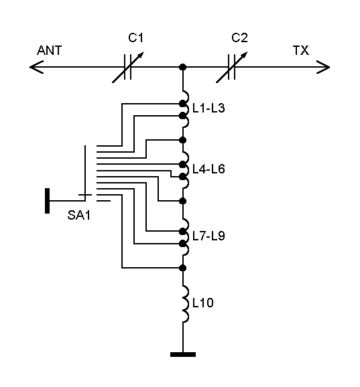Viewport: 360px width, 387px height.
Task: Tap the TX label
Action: [300, 51]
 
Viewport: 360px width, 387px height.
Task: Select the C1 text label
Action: [136, 39]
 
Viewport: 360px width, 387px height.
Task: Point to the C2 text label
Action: [239, 39]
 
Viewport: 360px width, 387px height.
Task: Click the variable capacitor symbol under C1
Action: [127, 67]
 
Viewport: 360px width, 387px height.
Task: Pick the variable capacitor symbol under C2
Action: [231, 67]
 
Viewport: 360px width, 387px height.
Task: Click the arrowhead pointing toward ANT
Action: [35, 67]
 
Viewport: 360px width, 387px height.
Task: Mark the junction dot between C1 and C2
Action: [182, 67]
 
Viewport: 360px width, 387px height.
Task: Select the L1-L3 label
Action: [208, 108]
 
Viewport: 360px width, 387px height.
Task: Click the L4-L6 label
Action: [208, 169]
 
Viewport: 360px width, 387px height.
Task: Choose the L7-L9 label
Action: [208, 237]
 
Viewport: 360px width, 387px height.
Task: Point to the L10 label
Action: [202, 303]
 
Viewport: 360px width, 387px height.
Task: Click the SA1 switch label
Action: [78, 215]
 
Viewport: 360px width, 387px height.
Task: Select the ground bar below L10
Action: [182, 354]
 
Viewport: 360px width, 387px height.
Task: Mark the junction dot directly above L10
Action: [182, 268]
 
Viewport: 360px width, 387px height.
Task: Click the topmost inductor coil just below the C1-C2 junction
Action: [184, 91]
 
